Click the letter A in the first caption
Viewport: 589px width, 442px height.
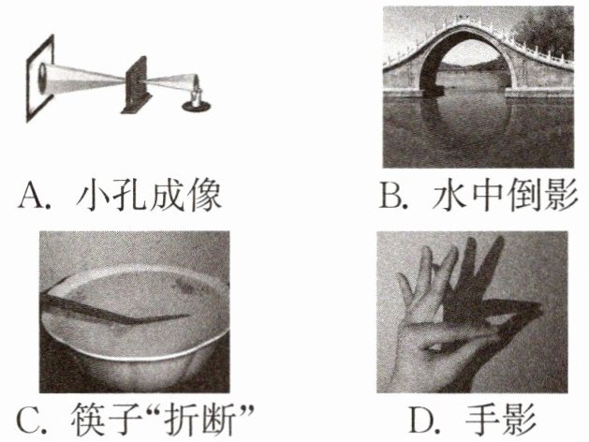[x=31, y=196]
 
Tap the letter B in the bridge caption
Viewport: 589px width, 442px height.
[x=390, y=196]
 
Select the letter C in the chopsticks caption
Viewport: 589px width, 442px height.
[x=29, y=420]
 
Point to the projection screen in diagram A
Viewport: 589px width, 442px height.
[x=40, y=78]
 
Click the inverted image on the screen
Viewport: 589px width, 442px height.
[x=42, y=78]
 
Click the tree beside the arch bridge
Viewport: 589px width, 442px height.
[x=547, y=32]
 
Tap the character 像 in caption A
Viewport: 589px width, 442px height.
[x=205, y=196]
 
